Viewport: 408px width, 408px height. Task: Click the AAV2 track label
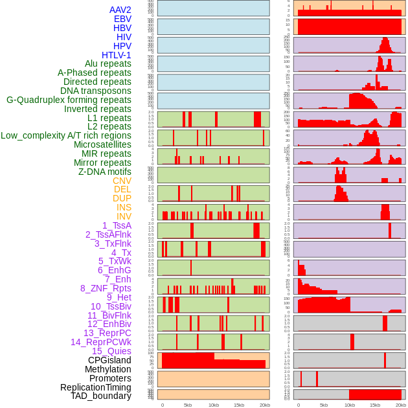click(x=120, y=10)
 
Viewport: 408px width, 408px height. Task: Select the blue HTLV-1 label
click(x=116, y=55)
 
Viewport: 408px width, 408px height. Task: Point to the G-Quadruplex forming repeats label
click(x=69, y=100)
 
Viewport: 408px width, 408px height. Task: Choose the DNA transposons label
click(x=96, y=91)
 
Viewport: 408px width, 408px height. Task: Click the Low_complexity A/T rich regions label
click(x=66, y=135)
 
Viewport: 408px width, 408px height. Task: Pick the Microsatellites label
click(x=102, y=144)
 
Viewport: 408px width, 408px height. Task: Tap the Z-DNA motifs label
click(x=104, y=172)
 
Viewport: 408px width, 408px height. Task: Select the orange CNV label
click(x=122, y=181)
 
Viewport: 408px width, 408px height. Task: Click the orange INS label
click(x=124, y=207)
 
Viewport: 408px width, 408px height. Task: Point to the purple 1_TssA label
click(x=117, y=225)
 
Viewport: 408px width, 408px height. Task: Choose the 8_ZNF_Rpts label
click(x=106, y=288)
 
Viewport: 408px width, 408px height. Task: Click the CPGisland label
click(x=109, y=360)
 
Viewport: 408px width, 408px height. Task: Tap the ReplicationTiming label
click(x=96, y=387)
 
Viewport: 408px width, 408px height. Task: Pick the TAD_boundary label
click(x=101, y=396)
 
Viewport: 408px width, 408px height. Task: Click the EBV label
click(x=122, y=19)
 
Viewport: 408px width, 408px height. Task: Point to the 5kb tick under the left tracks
click(x=188, y=405)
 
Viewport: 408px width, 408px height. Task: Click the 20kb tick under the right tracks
click(x=400, y=405)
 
